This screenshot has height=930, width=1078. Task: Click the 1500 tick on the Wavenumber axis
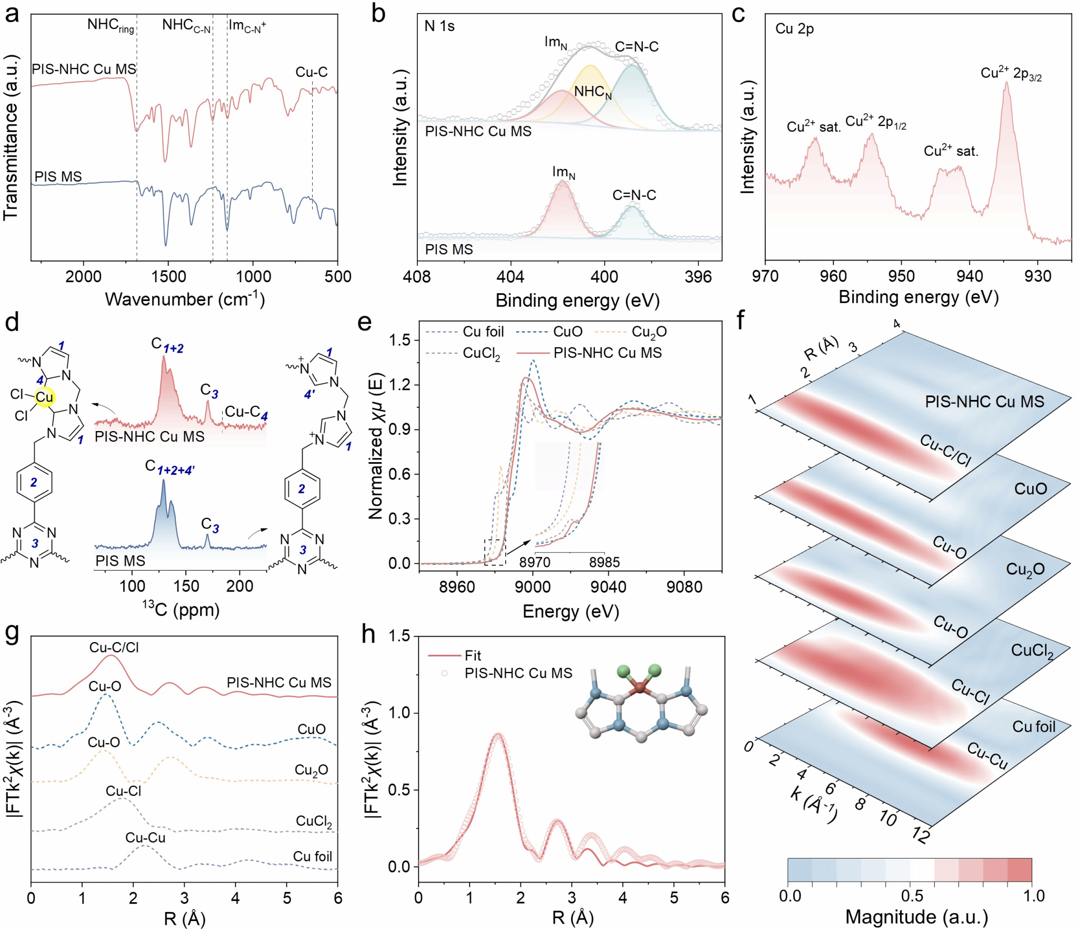pyautogui.click(x=168, y=276)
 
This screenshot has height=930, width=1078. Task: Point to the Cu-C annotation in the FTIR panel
pyautogui.click(x=311, y=72)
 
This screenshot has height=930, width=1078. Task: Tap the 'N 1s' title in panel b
pyautogui.click(x=439, y=26)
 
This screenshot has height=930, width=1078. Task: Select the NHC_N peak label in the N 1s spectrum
pyautogui.click(x=593, y=92)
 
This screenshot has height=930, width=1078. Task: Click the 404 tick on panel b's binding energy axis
pyautogui.click(x=510, y=277)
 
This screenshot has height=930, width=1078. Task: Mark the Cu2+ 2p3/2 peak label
pyautogui.click(x=1010, y=74)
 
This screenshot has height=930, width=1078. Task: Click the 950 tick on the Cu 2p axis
pyautogui.click(x=901, y=276)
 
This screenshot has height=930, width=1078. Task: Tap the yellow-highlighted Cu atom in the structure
pyautogui.click(x=44, y=397)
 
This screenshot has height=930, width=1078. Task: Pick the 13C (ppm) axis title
pyautogui.click(x=181, y=609)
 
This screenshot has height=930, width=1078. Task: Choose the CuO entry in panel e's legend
pyautogui.click(x=567, y=332)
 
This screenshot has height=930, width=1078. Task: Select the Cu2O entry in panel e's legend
pyautogui.click(x=648, y=332)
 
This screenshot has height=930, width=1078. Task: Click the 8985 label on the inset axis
pyautogui.click(x=604, y=562)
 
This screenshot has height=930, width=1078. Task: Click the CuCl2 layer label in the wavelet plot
pyautogui.click(x=1032, y=651)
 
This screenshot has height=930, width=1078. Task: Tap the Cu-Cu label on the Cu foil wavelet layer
pyautogui.click(x=987, y=756)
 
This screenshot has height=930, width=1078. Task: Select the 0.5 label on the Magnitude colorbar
pyautogui.click(x=912, y=896)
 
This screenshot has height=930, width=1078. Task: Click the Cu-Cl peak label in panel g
pyautogui.click(x=123, y=791)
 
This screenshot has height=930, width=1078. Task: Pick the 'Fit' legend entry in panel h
pyautogui.click(x=473, y=656)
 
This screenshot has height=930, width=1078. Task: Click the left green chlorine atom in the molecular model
pyautogui.click(x=623, y=671)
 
